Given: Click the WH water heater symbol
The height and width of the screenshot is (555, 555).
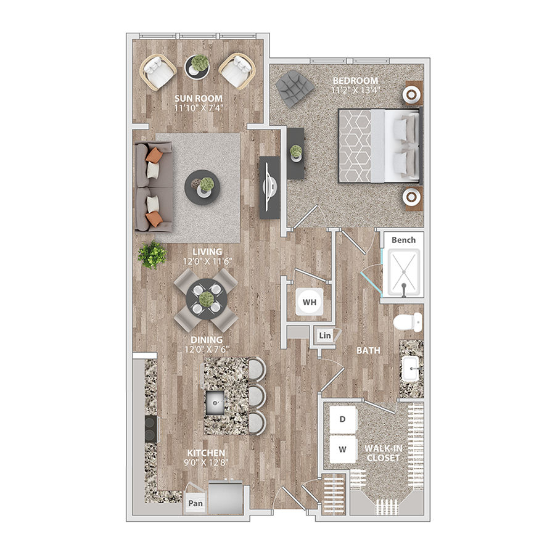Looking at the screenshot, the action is [x=310, y=302].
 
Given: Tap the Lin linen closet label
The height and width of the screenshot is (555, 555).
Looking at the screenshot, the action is [x=325, y=335].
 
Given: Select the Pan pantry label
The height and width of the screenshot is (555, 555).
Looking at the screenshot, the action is [x=195, y=503].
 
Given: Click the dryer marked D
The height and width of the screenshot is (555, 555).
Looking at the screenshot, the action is [x=343, y=419].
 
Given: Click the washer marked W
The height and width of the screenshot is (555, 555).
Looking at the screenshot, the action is [x=343, y=449].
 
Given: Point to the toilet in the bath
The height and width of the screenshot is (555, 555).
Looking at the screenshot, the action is [x=408, y=322].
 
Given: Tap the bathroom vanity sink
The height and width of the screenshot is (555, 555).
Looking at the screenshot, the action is [x=411, y=369].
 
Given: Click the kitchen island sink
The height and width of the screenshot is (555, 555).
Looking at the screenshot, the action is [x=215, y=403].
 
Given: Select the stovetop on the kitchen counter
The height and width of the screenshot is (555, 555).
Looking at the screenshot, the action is [x=152, y=429].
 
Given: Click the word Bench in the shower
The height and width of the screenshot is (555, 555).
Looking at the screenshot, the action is [x=403, y=240].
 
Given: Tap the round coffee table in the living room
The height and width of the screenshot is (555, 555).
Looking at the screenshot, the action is [x=202, y=187].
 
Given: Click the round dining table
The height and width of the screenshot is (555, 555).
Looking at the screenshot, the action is [x=207, y=300].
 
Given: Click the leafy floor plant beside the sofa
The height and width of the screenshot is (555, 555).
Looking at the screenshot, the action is [x=152, y=255].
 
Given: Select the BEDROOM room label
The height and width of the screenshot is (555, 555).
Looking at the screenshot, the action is [x=355, y=80].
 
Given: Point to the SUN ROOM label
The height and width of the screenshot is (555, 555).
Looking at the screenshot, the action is [x=199, y=99].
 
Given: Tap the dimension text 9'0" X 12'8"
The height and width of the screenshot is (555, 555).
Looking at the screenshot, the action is [x=206, y=462].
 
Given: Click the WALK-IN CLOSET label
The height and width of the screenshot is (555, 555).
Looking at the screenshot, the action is [x=384, y=453].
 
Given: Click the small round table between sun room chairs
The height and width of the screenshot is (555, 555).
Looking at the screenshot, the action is [x=197, y=66].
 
